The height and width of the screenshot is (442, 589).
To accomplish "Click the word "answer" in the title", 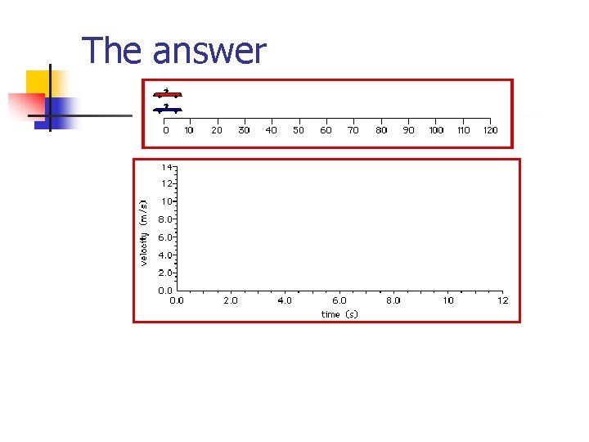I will click(x=210, y=51).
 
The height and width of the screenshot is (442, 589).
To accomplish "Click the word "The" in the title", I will click(x=115, y=51).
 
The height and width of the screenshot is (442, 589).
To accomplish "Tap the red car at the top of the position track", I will click(x=167, y=93).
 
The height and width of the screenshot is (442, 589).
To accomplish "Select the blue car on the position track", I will click(x=167, y=109).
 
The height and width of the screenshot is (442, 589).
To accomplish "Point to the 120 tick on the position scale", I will click(x=490, y=129).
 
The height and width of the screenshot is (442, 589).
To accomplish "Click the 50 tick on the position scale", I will click(x=299, y=129).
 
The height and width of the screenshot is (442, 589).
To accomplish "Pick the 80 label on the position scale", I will click(x=381, y=129).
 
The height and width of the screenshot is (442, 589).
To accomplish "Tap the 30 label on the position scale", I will click(x=244, y=129).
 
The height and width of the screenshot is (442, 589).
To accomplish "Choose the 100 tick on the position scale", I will click(x=436, y=129).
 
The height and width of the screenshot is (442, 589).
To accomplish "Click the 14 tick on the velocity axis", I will click(x=165, y=166).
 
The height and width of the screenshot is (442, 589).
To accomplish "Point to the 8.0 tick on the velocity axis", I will click(x=164, y=219).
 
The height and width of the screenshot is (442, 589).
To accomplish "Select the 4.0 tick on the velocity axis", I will click(x=164, y=255).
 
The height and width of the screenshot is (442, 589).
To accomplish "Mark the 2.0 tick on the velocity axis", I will click(x=164, y=273).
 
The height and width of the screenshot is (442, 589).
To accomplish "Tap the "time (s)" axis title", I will click(x=339, y=314).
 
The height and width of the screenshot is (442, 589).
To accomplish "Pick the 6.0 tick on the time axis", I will click(x=339, y=300).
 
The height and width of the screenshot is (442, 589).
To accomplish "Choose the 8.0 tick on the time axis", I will click(x=393, y=300).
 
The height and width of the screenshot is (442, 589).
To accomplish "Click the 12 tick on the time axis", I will click(x=502, y=300).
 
